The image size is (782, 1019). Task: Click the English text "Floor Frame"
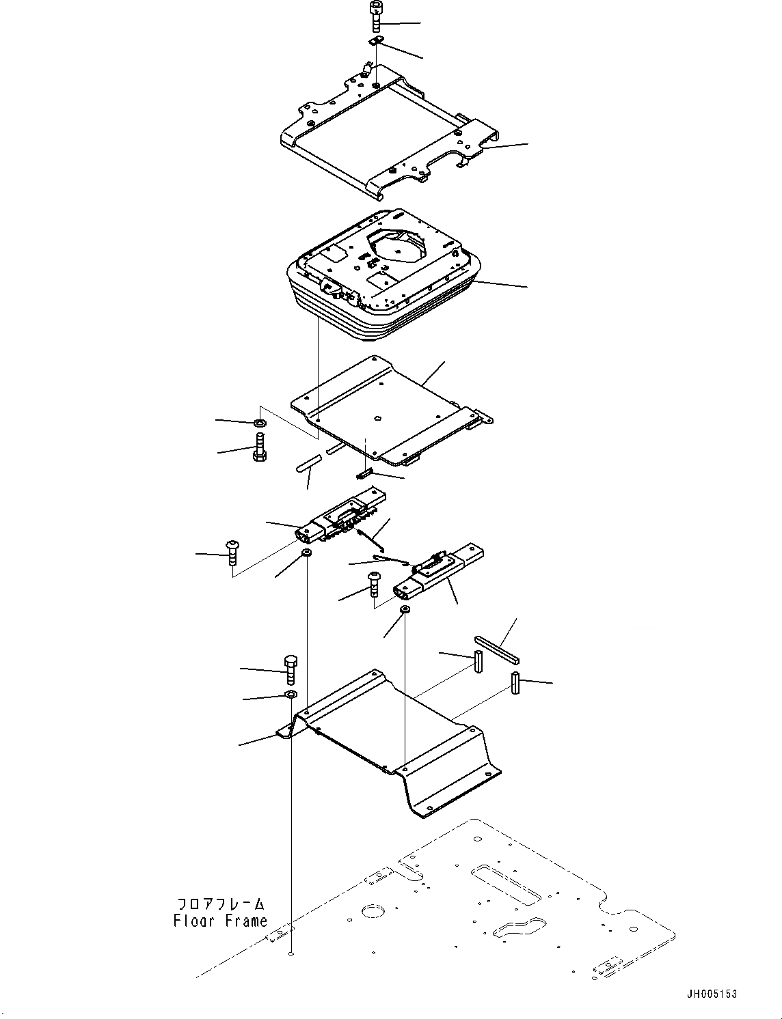coord(220,921)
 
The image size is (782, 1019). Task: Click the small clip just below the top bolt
coord(376,43)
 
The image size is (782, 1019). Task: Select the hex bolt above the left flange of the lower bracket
coord(290,670)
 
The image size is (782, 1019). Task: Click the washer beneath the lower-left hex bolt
coord(290,695)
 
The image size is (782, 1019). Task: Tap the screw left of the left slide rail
coord(232,551)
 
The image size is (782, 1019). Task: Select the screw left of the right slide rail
coord(375,583)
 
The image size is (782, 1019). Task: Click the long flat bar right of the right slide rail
coord(497,650)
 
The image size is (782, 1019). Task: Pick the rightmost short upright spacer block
coord(515,682)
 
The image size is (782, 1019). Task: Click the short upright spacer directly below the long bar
coord(479,662)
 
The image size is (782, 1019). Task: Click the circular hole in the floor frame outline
coord(373,912)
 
